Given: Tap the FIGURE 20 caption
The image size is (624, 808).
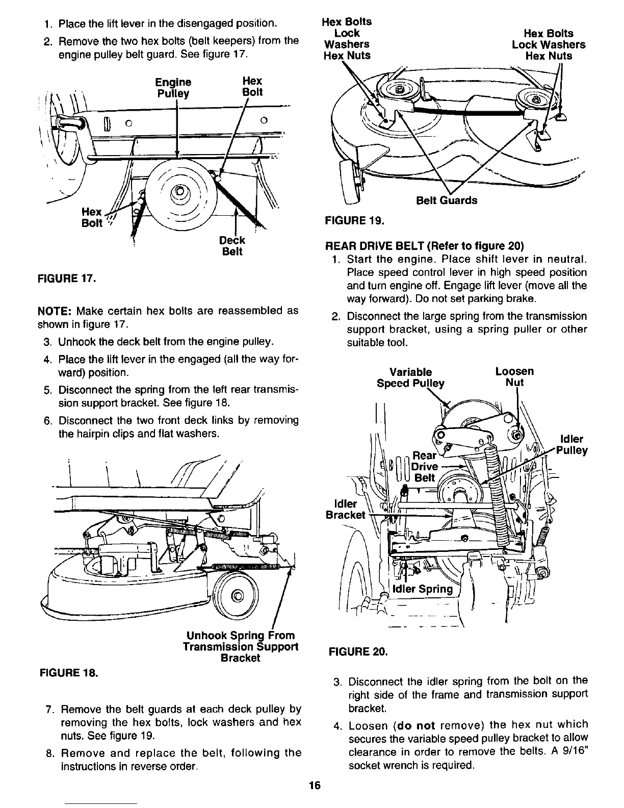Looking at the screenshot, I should [358, 651].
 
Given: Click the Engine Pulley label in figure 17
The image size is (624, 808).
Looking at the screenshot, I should [174, 88].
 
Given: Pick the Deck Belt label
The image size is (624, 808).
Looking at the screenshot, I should [232, 246].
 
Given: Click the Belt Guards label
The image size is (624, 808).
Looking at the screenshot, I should [447, 200].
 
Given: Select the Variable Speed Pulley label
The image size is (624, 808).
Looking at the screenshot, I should [410, 377].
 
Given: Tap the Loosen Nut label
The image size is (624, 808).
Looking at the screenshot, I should [514, 377].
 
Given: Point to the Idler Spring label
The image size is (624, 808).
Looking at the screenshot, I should [423, 589].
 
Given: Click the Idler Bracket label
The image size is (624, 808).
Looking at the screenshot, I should [345, 509].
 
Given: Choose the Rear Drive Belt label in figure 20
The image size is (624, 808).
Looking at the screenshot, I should [425, 466].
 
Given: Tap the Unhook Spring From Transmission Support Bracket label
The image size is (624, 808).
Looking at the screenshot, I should [241, 646].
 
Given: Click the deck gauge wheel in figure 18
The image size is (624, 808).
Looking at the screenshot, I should [236, 595].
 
